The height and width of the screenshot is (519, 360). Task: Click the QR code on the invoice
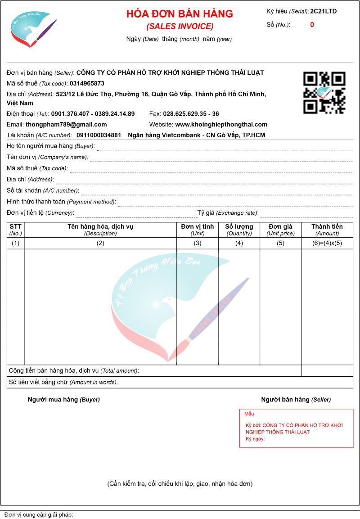tap(324, 92)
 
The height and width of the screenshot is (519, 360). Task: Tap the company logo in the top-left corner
tap(33, 29)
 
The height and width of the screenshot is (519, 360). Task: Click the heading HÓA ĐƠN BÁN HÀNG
tap(180, 14)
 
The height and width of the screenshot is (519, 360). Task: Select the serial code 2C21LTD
tap(323, 11)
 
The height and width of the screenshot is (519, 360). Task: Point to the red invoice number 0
tap(312, 25)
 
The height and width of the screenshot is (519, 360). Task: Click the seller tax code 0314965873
tap(87, 83)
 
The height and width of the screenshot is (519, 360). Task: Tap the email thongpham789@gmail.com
tap(66, 124)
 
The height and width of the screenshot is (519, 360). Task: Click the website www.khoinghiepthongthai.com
tap(221, 124)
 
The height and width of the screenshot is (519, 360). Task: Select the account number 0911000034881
tap(99, 135)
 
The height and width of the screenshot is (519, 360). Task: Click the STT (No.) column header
tap(15, 230)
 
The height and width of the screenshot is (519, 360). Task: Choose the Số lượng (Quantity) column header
tap(239, 230)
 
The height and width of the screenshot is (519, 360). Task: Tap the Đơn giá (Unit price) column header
tap(280, 230)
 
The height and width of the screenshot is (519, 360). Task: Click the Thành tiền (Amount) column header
tap(327, 230)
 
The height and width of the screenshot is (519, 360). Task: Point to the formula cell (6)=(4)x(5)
tap(327, 244)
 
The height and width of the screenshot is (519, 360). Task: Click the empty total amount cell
tap(327, 370)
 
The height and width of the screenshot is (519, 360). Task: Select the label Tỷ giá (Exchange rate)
tap(228, 213)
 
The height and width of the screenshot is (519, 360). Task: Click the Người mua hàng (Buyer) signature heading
tap(64, 399)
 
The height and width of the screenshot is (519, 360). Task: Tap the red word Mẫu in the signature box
tap(249, 414)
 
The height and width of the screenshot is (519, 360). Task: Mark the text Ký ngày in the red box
tap(255, 438)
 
